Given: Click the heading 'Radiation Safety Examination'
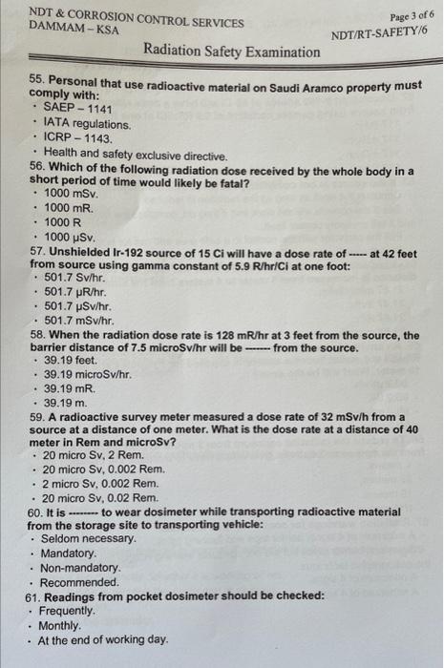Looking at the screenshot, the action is [x=232, y=52].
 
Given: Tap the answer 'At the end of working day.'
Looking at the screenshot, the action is [x=103, y=639].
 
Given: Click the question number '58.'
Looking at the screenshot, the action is [x=38, y=335].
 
